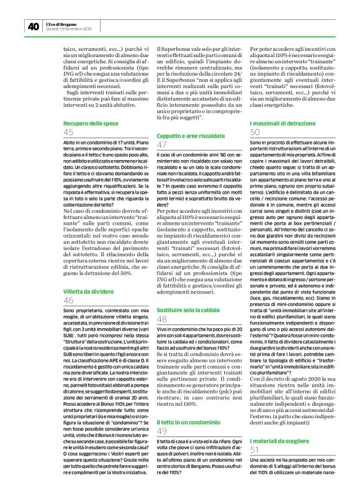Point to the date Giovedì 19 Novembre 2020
point(69,29)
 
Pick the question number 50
point(255,132)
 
